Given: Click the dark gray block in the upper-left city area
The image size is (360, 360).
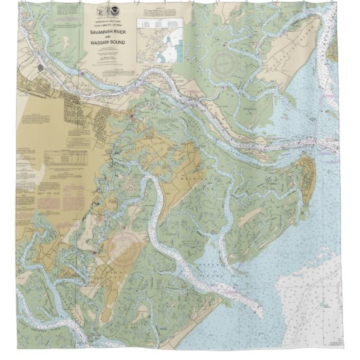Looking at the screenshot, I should click(x=41, y=69).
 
